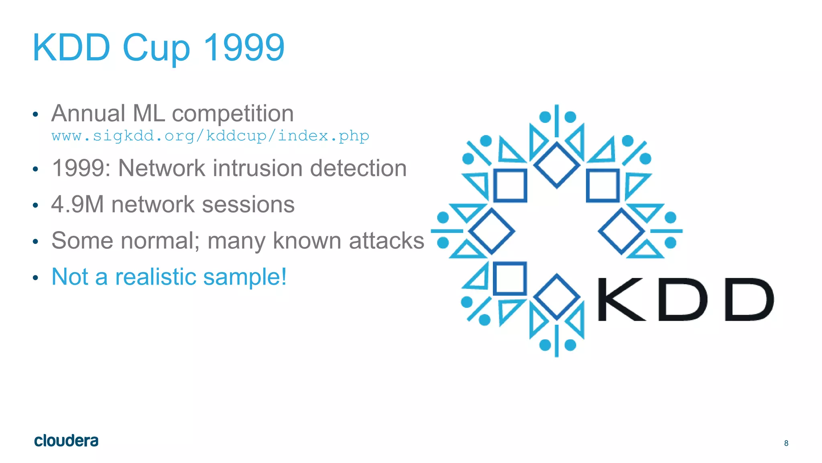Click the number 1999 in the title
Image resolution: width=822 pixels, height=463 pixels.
click(x=244, y=47)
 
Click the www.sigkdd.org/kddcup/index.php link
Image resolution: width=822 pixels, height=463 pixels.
click(x=210, y=136)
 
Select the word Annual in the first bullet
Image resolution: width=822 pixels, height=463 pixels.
click(x=88, y=113)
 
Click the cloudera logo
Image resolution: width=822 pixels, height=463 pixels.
click(x=66, y=440)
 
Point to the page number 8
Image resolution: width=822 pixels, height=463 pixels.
click(x=786, y=443)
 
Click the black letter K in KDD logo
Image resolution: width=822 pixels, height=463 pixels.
click(x=621, y=299)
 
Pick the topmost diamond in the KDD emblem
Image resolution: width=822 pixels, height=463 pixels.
click(x=556, y=165)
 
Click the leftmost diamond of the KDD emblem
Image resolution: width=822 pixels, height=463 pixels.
click(x=491, y=231)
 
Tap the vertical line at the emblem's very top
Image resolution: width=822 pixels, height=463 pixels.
click(x=556, y=121)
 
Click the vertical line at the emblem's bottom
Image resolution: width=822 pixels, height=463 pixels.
click(x=556, y=341)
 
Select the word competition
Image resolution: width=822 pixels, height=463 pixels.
click(x=233, y=114)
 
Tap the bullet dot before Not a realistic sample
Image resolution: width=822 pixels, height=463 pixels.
click(x=35, y=278)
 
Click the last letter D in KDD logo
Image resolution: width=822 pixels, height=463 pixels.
click(x=749, y=299)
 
